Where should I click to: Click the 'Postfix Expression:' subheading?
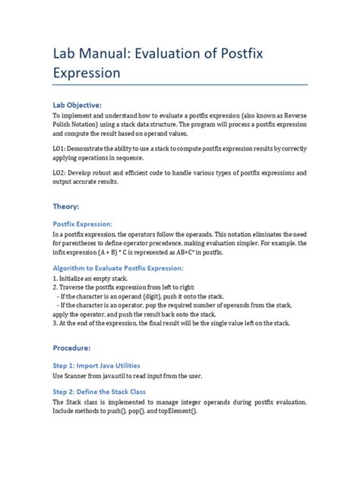pyautogui.click(x=83, y=224)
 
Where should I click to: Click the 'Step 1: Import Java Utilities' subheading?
pyautogui.click(x=96, y=365)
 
